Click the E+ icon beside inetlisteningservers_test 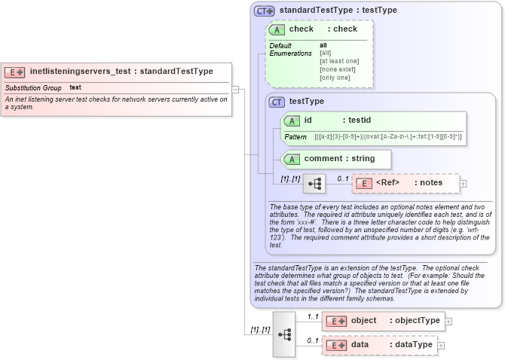coord(15,72)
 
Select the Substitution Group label coord(33,88)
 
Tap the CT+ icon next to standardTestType coord(264,11)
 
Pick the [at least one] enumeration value coord(339,61)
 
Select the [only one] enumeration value coord(335,78)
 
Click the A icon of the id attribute coord(291,121)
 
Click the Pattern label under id coord(295,136)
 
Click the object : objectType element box coord(384,321)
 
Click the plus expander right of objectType coord(449,321)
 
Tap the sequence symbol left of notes coord(314,183)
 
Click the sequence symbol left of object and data coord(284,333)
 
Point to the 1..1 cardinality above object coord(314,316)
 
